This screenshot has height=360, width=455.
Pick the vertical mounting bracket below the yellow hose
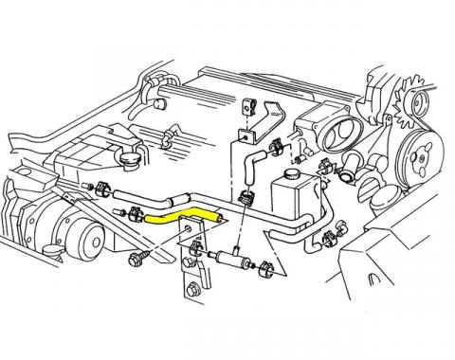[x=193, y=275]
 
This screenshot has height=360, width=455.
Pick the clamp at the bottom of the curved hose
[x=249, y=197]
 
